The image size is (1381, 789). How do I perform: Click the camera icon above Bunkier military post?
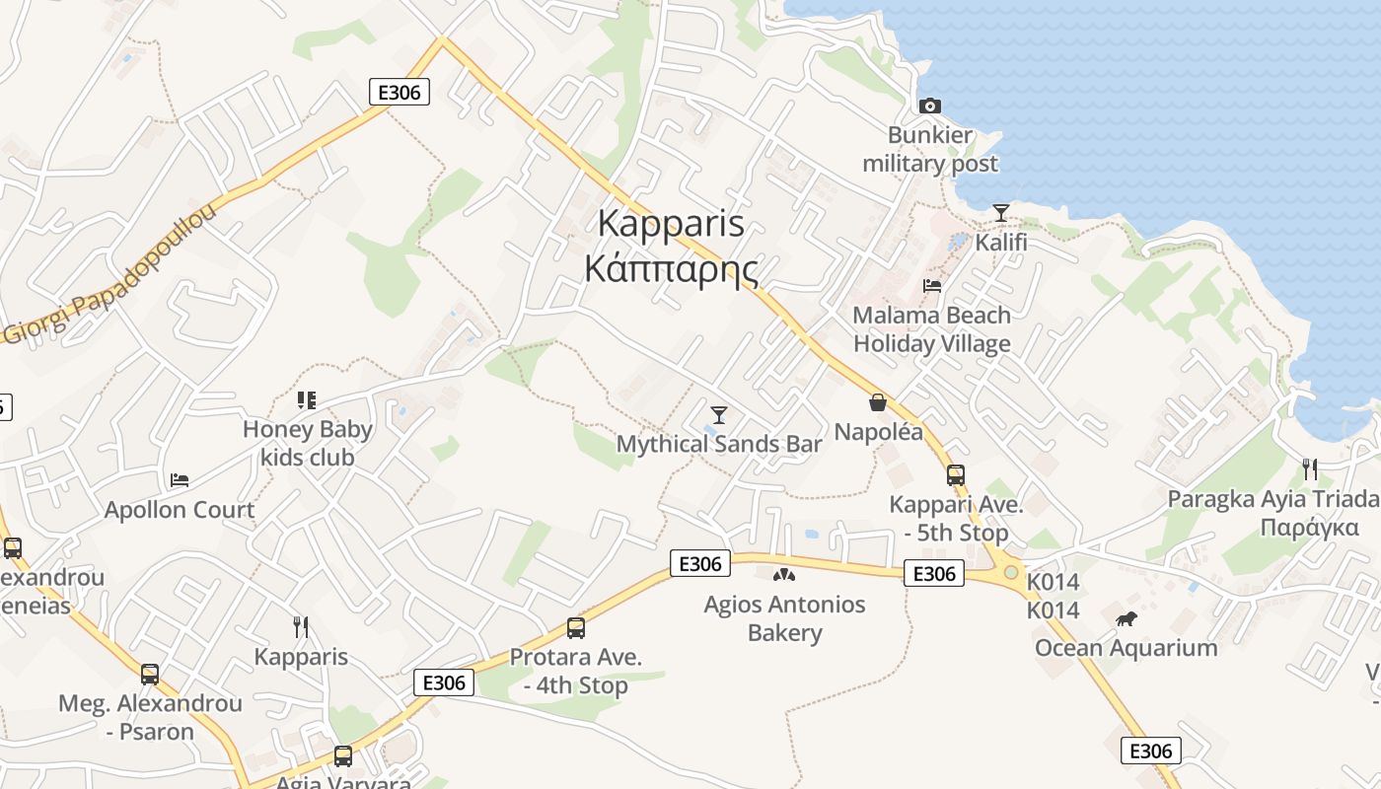tap(929, 106)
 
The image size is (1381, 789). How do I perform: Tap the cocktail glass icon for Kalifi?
tap(1001, 213)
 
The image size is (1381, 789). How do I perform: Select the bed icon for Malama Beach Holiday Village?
tap(932, 286)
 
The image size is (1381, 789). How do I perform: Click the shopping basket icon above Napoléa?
tap(878, 402)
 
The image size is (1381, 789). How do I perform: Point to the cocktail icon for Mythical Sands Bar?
tap(719, 414)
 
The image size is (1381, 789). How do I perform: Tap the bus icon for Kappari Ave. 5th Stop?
tap(955, 475)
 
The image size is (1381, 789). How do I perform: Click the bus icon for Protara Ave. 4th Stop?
tap(576, 628)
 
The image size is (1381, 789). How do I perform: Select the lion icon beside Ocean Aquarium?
tap(1127, 619)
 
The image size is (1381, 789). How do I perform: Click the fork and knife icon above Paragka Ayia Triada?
tap(1310, 468)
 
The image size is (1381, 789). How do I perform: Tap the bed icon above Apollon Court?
tap(180, 480)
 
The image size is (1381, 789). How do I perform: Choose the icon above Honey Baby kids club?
tap(307, 399)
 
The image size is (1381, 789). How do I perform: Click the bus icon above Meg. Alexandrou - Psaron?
tap(150, 675)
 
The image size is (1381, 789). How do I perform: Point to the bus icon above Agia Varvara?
tap(343, 756)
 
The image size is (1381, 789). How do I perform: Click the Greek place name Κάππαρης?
tap(672, 268)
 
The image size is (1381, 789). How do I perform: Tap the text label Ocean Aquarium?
tap(1126, 648)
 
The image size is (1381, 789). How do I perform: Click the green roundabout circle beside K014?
tap(1010, 572)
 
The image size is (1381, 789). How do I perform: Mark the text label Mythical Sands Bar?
tap(719, 444)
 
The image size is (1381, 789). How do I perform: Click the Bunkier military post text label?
tap(930, 149)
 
